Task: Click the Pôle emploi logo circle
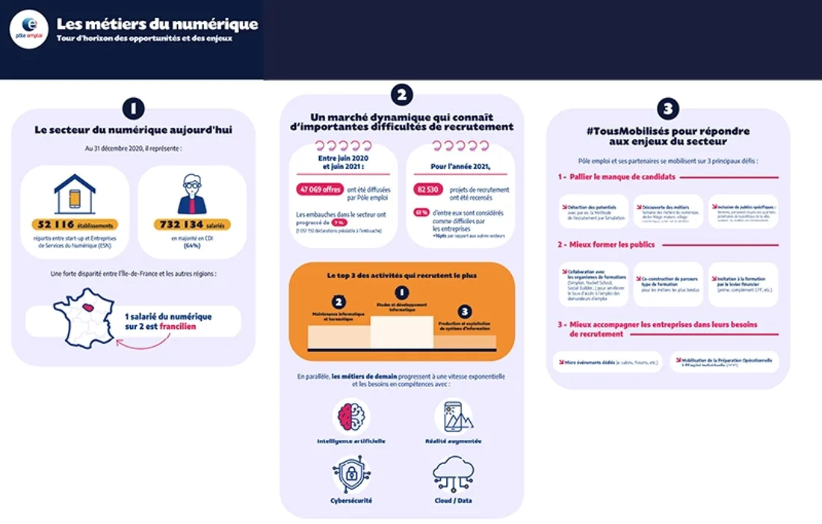pos(29,31)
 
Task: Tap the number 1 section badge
pos(133,108)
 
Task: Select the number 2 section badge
pos(402,94)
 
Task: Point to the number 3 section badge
pos(667,109)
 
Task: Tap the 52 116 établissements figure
pos(75,224)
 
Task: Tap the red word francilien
pos(176,327)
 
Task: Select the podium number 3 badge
pos(464,312)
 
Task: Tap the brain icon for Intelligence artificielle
pos(350,416)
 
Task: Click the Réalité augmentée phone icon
pos(453,416)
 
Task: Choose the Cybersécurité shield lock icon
pos(350,474)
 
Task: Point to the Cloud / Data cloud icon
pos(453,474)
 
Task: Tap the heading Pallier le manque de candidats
pos(616,177)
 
